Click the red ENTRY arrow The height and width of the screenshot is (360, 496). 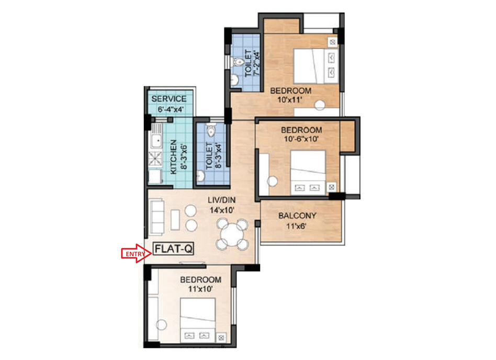pos(136,253)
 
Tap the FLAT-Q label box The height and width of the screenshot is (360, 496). pos(173,249)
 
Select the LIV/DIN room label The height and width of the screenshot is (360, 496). pos(221,200)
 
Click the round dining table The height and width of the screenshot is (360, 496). pos(232,234)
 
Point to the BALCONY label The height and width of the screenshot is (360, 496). pos(297,216)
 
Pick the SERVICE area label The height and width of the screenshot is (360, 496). pos(168,99)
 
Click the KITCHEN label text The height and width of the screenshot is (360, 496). pos(173,157)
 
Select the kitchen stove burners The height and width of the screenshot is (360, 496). pos(155,159)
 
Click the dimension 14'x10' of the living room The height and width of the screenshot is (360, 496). pos(222,210)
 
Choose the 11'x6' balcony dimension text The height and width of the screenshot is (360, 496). pos(296,226)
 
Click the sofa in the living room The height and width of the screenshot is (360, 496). pos(156,217)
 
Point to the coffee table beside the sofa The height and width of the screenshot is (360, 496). pos(175,220)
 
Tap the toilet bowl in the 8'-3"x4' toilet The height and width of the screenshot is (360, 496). pos(210,130)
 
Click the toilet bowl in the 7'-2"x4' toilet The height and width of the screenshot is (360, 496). pos(236,62)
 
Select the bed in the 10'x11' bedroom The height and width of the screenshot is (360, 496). pos(315,66)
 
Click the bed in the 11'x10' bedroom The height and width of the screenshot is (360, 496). pos(198,320)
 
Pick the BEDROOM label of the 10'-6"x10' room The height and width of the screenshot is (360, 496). pos(301,130)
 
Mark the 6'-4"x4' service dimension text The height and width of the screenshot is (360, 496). pos(171,110)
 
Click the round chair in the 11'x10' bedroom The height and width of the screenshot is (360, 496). pos(161,325)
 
